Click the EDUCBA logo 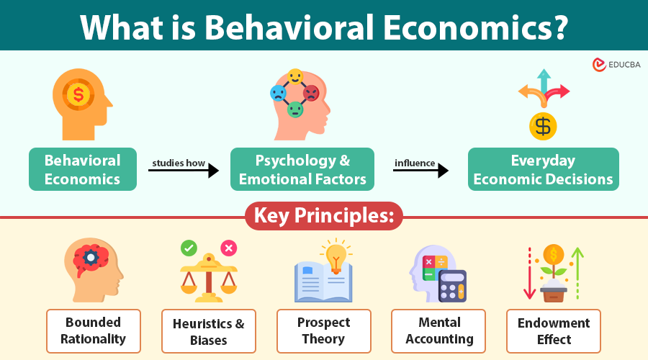click(x=616, y=65)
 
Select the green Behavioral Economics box click(x=83, y=170)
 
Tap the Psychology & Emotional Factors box click(x=302, y=170)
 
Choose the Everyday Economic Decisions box click(x=544, y=170)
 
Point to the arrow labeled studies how click(x=184, y=171)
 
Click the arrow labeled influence click(x=421, y=171)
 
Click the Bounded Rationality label click(x=93, y=330)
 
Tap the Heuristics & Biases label click(x=209, y=331)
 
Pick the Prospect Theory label click(x=324, y=330)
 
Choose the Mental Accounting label click(x=438, y=330)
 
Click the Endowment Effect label click(x=554, y=330)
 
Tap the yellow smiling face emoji click(x=295, y=76)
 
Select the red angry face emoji click(x=311, y=93)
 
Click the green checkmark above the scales click(x=189, y=248)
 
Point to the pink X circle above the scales click(x=229, y=248)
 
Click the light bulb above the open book click(x=336, y=254)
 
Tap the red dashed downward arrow click(x=529, y=274)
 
